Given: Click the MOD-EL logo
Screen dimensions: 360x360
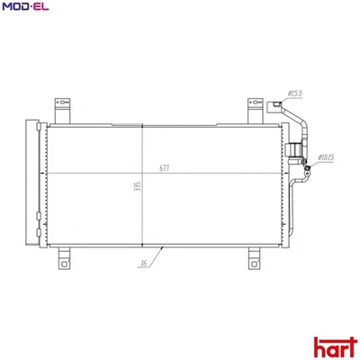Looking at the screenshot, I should tap(24, 8).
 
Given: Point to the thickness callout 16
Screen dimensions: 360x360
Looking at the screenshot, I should tap(143, 265).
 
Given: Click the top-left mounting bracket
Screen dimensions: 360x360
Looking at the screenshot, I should tap(62, 109).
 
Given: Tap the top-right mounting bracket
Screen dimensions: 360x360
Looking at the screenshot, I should tap(255, 109).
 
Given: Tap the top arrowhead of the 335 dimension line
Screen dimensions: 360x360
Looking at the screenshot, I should tap(143, 128).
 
